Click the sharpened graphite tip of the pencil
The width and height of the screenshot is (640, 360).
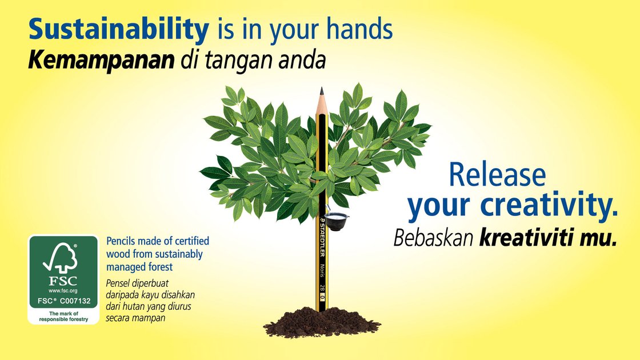322,91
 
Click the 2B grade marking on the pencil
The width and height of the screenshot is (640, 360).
322,287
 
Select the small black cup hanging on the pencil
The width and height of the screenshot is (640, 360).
337,222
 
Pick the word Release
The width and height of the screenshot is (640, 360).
498,175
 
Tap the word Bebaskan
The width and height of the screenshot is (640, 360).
433,238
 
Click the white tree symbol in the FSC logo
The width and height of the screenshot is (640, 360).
61,258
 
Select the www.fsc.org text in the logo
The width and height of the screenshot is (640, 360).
63,291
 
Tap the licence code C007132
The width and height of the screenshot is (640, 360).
75,301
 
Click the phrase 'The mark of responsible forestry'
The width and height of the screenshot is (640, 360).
63,317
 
